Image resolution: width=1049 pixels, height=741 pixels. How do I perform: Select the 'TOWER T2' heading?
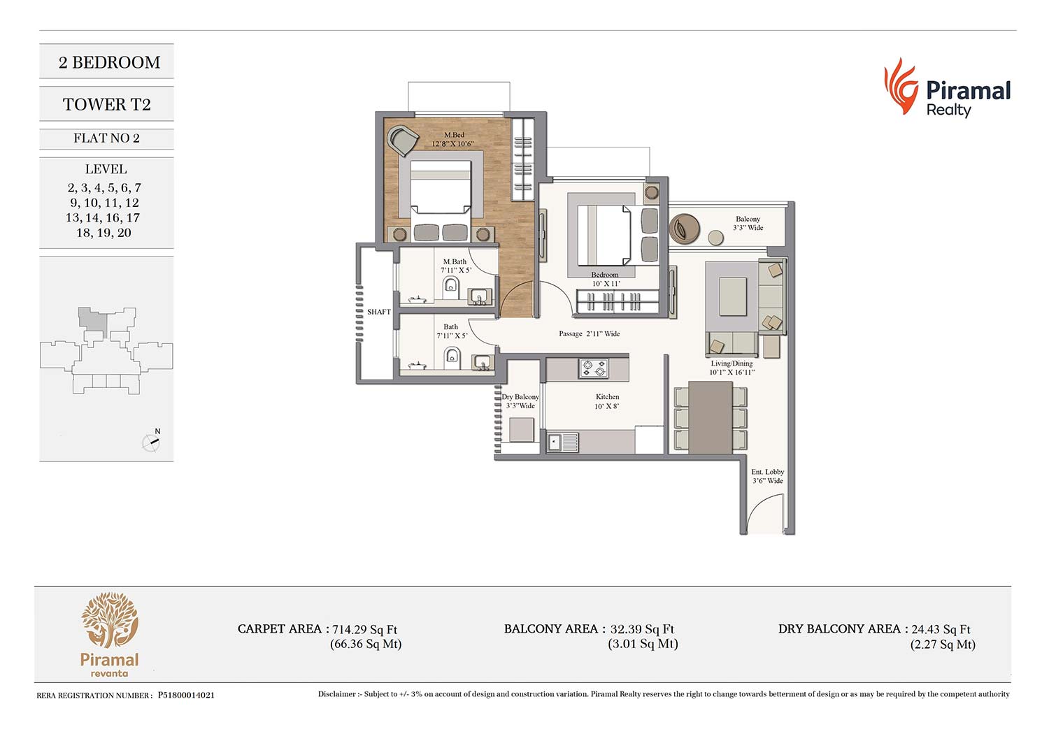click(107, 104)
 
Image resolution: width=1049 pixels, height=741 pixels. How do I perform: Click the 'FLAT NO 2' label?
click(106, 138)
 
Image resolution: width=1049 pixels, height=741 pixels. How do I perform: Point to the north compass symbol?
click(151, 440)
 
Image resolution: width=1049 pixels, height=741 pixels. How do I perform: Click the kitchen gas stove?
click(594, 368)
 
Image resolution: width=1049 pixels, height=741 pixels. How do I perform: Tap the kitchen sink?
click(562, 442)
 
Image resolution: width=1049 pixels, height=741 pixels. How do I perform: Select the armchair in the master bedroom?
click(403, 141)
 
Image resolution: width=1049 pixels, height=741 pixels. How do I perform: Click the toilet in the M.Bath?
click(450, 287)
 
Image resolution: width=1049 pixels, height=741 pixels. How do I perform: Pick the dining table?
click(710, 417)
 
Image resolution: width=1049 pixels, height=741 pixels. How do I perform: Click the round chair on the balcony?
click(684, 229)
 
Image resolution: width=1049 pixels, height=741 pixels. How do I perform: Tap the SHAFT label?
click(379, 312)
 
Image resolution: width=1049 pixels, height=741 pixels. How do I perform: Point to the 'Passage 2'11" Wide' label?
click(589, 333)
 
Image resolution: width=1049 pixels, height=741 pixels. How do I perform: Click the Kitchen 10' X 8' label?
click(607, 402)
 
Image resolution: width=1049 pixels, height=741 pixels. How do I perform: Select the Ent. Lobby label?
click(768, 472)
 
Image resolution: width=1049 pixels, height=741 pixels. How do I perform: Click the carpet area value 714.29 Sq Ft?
click(365, 629)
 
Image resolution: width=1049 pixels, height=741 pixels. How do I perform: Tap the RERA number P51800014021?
click(186, 695)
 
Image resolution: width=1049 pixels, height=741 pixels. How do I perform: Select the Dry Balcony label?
click(520, 397)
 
